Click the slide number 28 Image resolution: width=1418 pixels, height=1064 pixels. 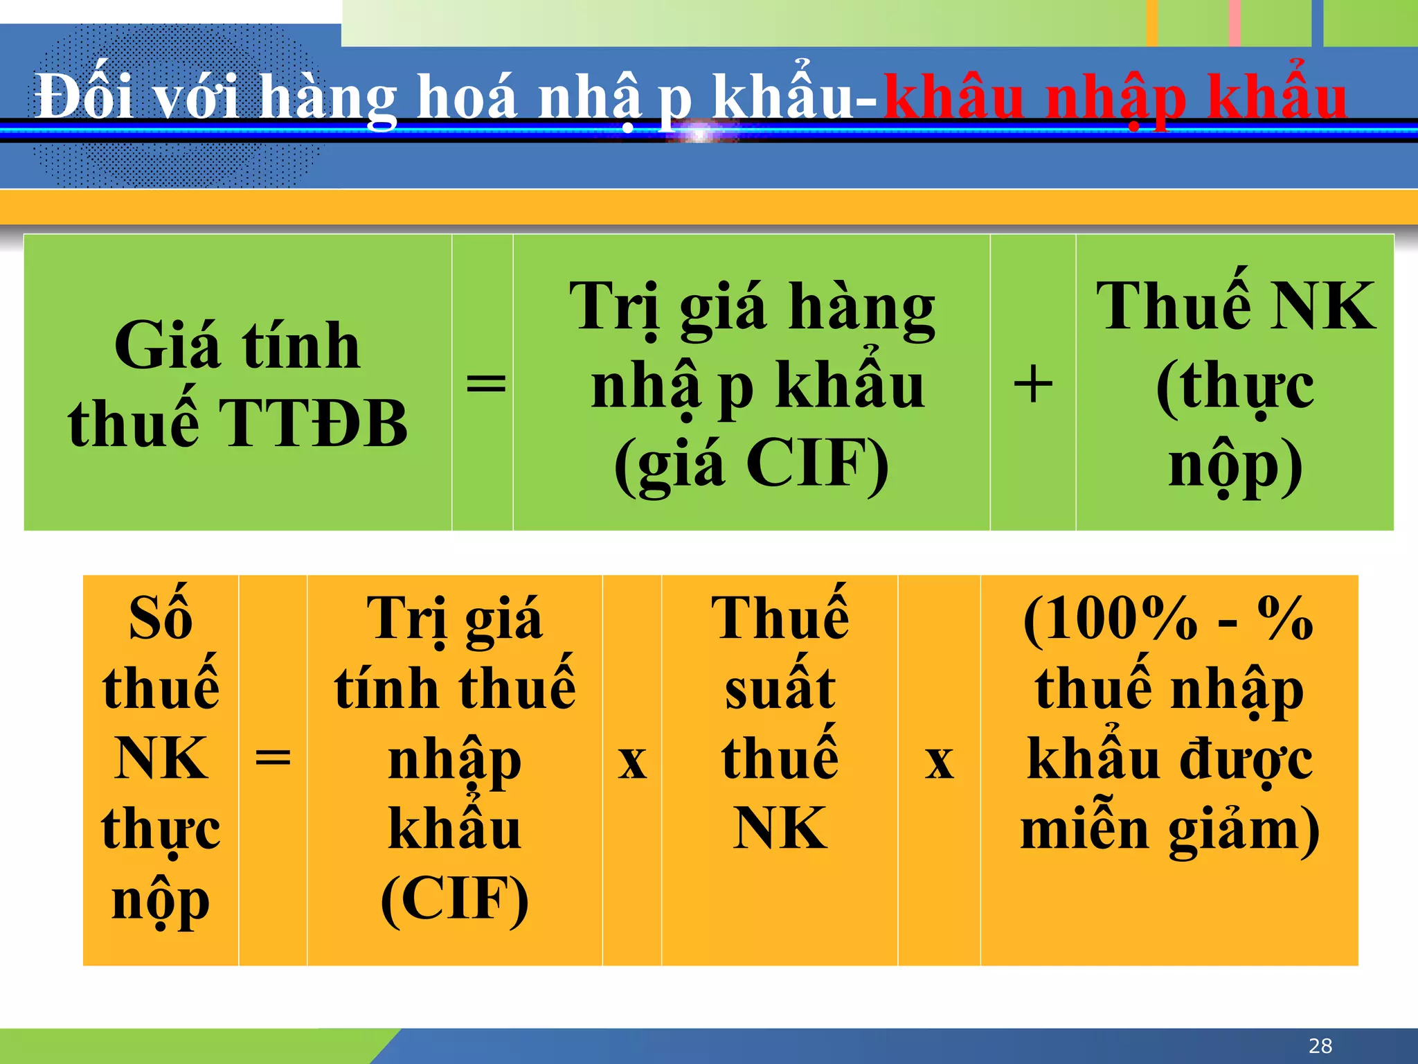[x=1320, y=1045]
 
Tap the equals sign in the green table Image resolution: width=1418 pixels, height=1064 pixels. [x=485, y=383]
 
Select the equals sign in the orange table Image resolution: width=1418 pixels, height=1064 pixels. [x=273, y=758]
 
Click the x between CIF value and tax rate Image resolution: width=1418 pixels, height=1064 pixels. [x=632, y=762]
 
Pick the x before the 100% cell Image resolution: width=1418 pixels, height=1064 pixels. [x=939, y=762]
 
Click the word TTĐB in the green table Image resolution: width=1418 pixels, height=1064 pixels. [x=314, y=423]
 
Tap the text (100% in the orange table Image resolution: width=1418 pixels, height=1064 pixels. [x=1110, y=619]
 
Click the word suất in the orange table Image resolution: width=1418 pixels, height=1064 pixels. [x=780, y=689]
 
